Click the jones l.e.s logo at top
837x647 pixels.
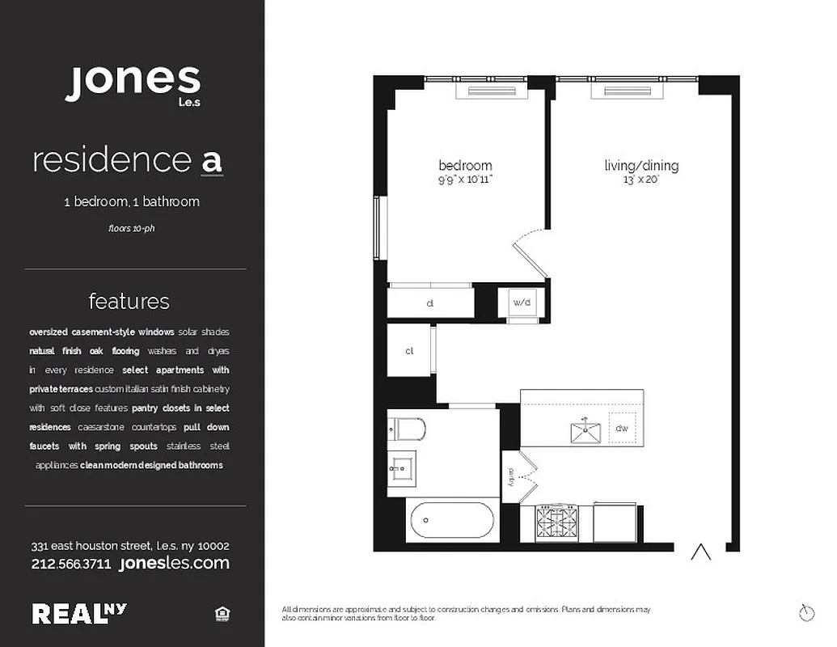pyautogui.click(x=133, y=82)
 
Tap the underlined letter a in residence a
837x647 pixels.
pyautogui.click(x=211, y=160)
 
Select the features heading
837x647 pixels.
pyautogui.click(x=129, y=301)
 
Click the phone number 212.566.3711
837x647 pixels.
pyautogui.click(x=71, y=564)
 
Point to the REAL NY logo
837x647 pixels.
pyautogui.click(x=79, y=613)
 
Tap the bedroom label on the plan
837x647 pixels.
pyautogui.click(x=465, y=166)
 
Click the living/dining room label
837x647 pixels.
pyautogui.click(x=641, y=166)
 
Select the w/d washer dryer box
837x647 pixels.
pyautogui.click(x=522, y=302)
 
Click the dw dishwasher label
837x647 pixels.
pyautogui.click(x=622, y=429)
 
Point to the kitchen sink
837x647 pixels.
pyautogui.click(x=585, y=432)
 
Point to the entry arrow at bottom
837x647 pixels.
pyautogui.click(x=700, y=553)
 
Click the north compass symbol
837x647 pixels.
pyautogui.click(x=805, y=613)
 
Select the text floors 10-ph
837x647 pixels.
pyautogui.click(x=131, y=228)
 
